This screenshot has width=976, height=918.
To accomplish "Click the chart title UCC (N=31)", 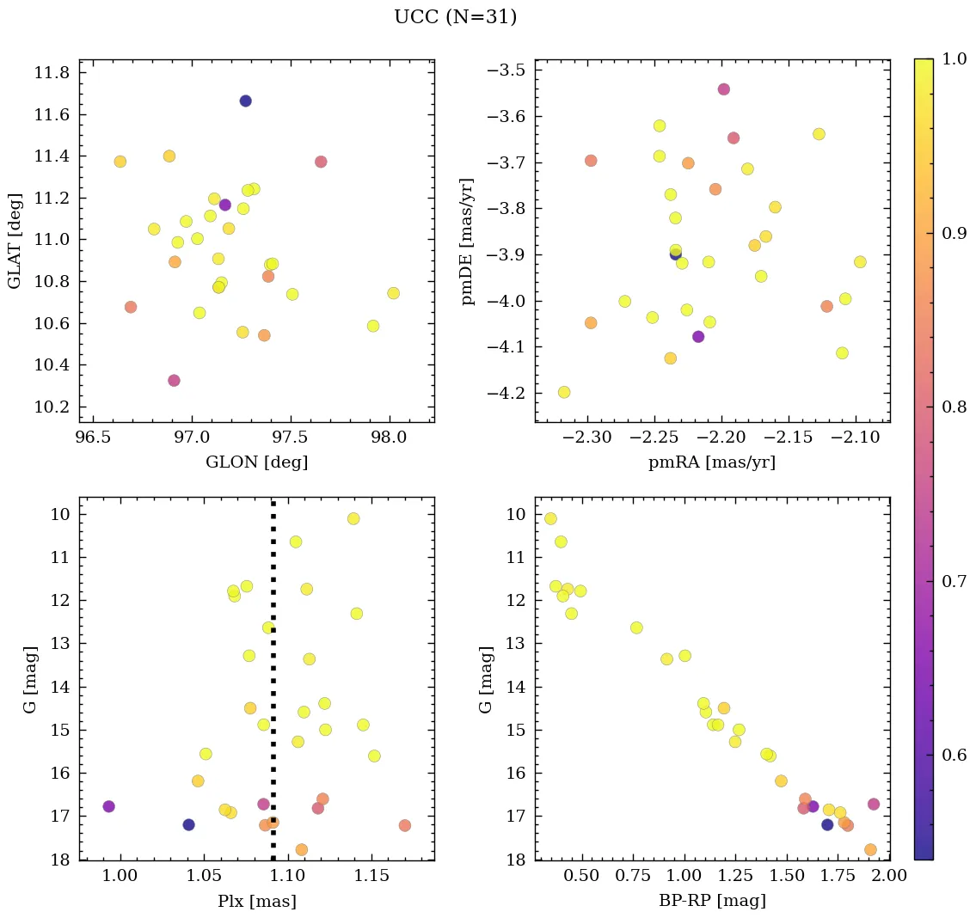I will (455, 17).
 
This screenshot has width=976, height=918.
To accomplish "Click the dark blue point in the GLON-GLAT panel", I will (245, 101).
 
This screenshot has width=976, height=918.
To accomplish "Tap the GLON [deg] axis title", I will (256, 462).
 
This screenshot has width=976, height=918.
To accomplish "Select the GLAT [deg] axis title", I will (15, 240).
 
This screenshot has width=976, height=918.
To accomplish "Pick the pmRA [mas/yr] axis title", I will (712, 462).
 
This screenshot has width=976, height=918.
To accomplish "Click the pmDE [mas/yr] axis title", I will (469, 240).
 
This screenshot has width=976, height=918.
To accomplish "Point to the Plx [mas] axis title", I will (256, 901).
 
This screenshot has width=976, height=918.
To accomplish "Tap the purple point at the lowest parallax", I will (108, 806).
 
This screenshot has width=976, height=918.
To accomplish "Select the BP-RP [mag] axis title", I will (712, 901).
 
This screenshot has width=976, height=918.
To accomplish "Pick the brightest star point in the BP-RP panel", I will (550, 518).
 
